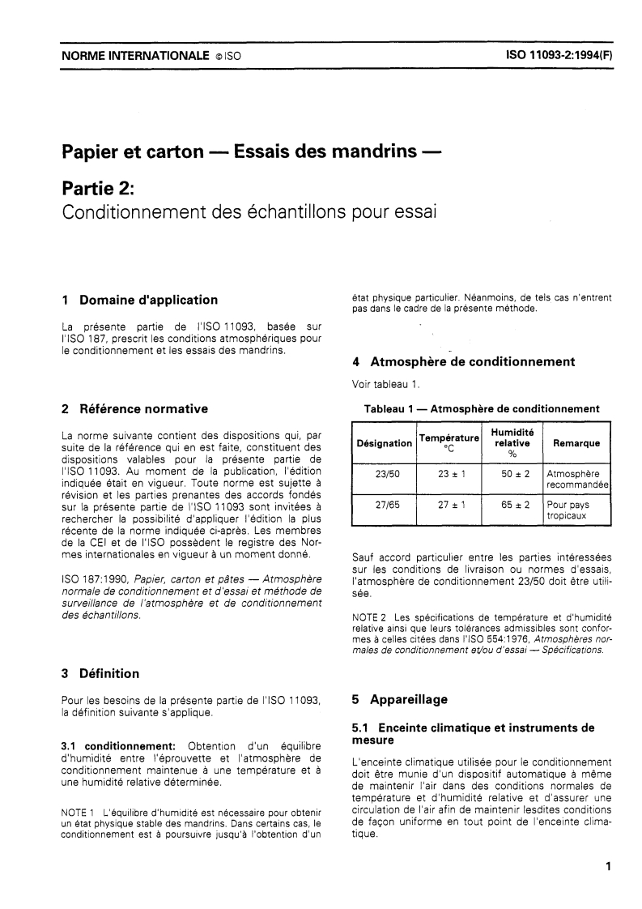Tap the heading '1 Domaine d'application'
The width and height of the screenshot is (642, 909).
[139, 300]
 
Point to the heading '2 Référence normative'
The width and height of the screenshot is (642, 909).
[135, 408]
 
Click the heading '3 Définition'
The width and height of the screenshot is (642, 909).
[100, 673]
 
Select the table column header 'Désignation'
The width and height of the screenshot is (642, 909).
[384, 443]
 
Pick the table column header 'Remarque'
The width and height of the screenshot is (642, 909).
[576, 443]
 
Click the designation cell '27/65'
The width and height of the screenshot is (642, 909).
[384, 504]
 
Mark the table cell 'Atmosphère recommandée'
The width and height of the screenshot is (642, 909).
[576, 480]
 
